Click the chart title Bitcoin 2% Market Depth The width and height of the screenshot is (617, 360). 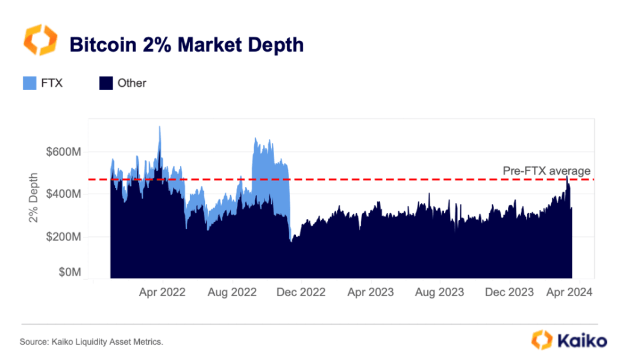[187, 44]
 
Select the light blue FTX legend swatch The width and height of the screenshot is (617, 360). [30, 83]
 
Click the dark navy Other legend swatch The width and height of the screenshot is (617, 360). [105, 83]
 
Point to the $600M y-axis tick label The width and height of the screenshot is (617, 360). [63, 151]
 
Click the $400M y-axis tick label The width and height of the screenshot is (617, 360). [63, 194]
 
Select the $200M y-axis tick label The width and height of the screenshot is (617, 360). [63, 237]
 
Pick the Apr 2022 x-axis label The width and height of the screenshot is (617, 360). [163, 292]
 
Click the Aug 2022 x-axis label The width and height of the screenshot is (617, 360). [232, 292]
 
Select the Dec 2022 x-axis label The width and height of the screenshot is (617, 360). [301, 292]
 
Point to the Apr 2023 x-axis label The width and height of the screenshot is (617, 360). [371, 292]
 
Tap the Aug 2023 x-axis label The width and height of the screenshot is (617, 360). [440, 292]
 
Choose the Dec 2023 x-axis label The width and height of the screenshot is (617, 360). [509, 292]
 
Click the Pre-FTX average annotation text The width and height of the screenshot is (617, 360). [547, 171]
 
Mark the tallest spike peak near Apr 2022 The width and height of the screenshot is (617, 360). [160, 127]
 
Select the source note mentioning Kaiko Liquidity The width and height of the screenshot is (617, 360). [92, 342]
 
